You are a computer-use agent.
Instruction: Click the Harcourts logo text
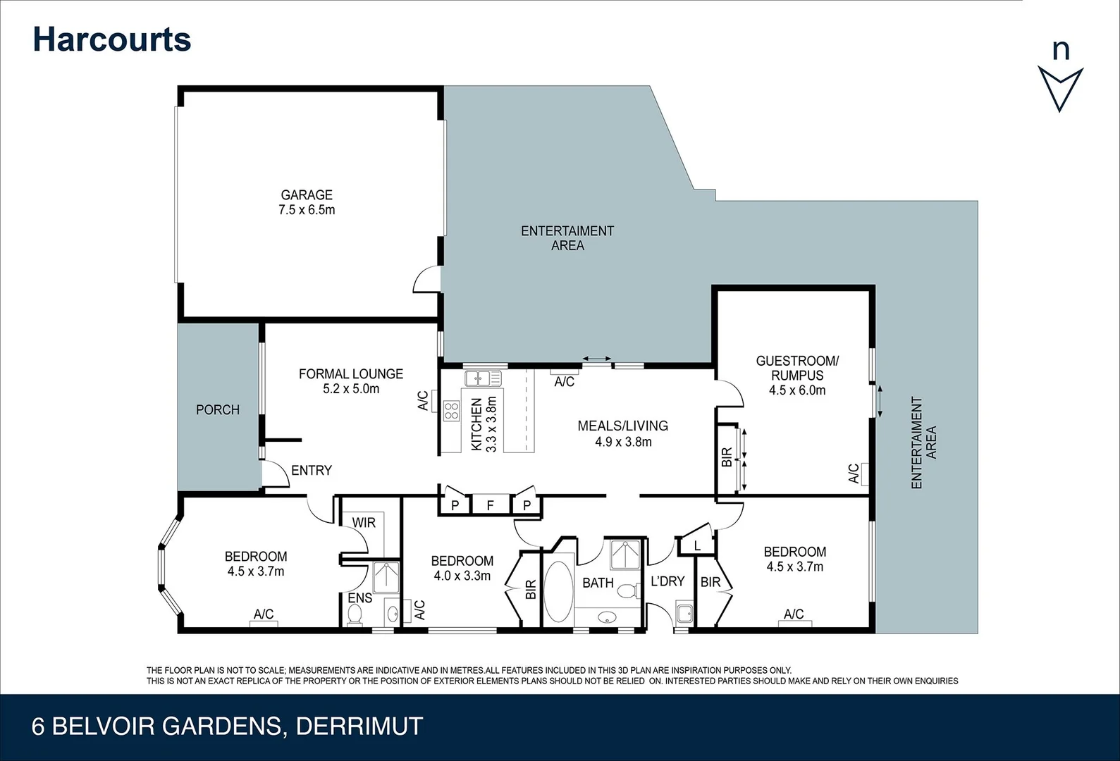click(112, 39)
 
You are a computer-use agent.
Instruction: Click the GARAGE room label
click(307, 195)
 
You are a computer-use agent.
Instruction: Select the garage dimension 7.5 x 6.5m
click(307, 210)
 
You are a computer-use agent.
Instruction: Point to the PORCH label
click(218, 410)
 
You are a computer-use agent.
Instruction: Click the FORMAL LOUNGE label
click(351, 374)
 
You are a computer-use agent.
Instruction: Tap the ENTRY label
click(311, 471)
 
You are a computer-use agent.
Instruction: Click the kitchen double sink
click(483, 379)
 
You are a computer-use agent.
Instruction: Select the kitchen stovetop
click(451, 410)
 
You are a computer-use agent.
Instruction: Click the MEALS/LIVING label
click(622, 426)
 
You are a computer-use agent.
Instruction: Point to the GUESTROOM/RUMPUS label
click(797, 368)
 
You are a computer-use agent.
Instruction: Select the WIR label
click(364, 523)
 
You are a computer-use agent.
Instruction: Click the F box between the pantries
click(491, 505)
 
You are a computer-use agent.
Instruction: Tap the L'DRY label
click(667, 581)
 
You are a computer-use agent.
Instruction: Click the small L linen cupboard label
click(696, 546)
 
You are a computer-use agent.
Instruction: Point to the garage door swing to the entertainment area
click(427, 280)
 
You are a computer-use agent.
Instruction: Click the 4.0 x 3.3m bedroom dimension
click(462, 576)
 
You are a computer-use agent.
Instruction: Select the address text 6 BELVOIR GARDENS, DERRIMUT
click(227, 726)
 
